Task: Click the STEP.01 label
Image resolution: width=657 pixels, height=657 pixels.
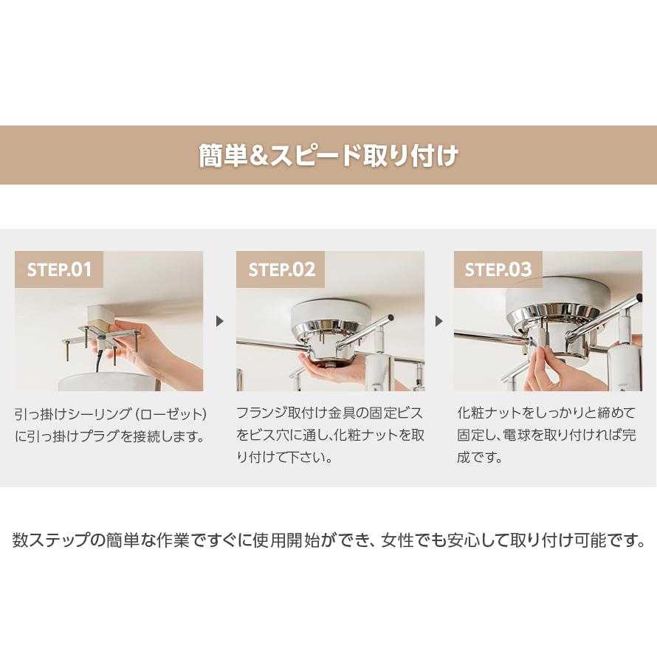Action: point(59,269)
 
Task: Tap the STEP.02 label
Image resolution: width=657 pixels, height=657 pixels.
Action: point(281,269)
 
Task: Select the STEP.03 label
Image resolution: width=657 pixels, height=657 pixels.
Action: point(498,269)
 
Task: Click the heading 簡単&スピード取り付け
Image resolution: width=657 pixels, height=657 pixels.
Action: point(328,156)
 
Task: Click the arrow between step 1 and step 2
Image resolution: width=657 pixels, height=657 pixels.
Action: point(219,321)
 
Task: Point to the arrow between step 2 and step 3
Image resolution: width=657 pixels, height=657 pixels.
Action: point(439,321)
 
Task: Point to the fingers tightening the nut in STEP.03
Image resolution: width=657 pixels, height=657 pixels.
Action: point(546,362)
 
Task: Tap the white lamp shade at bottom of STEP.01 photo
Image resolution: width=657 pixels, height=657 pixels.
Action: point(103,382)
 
